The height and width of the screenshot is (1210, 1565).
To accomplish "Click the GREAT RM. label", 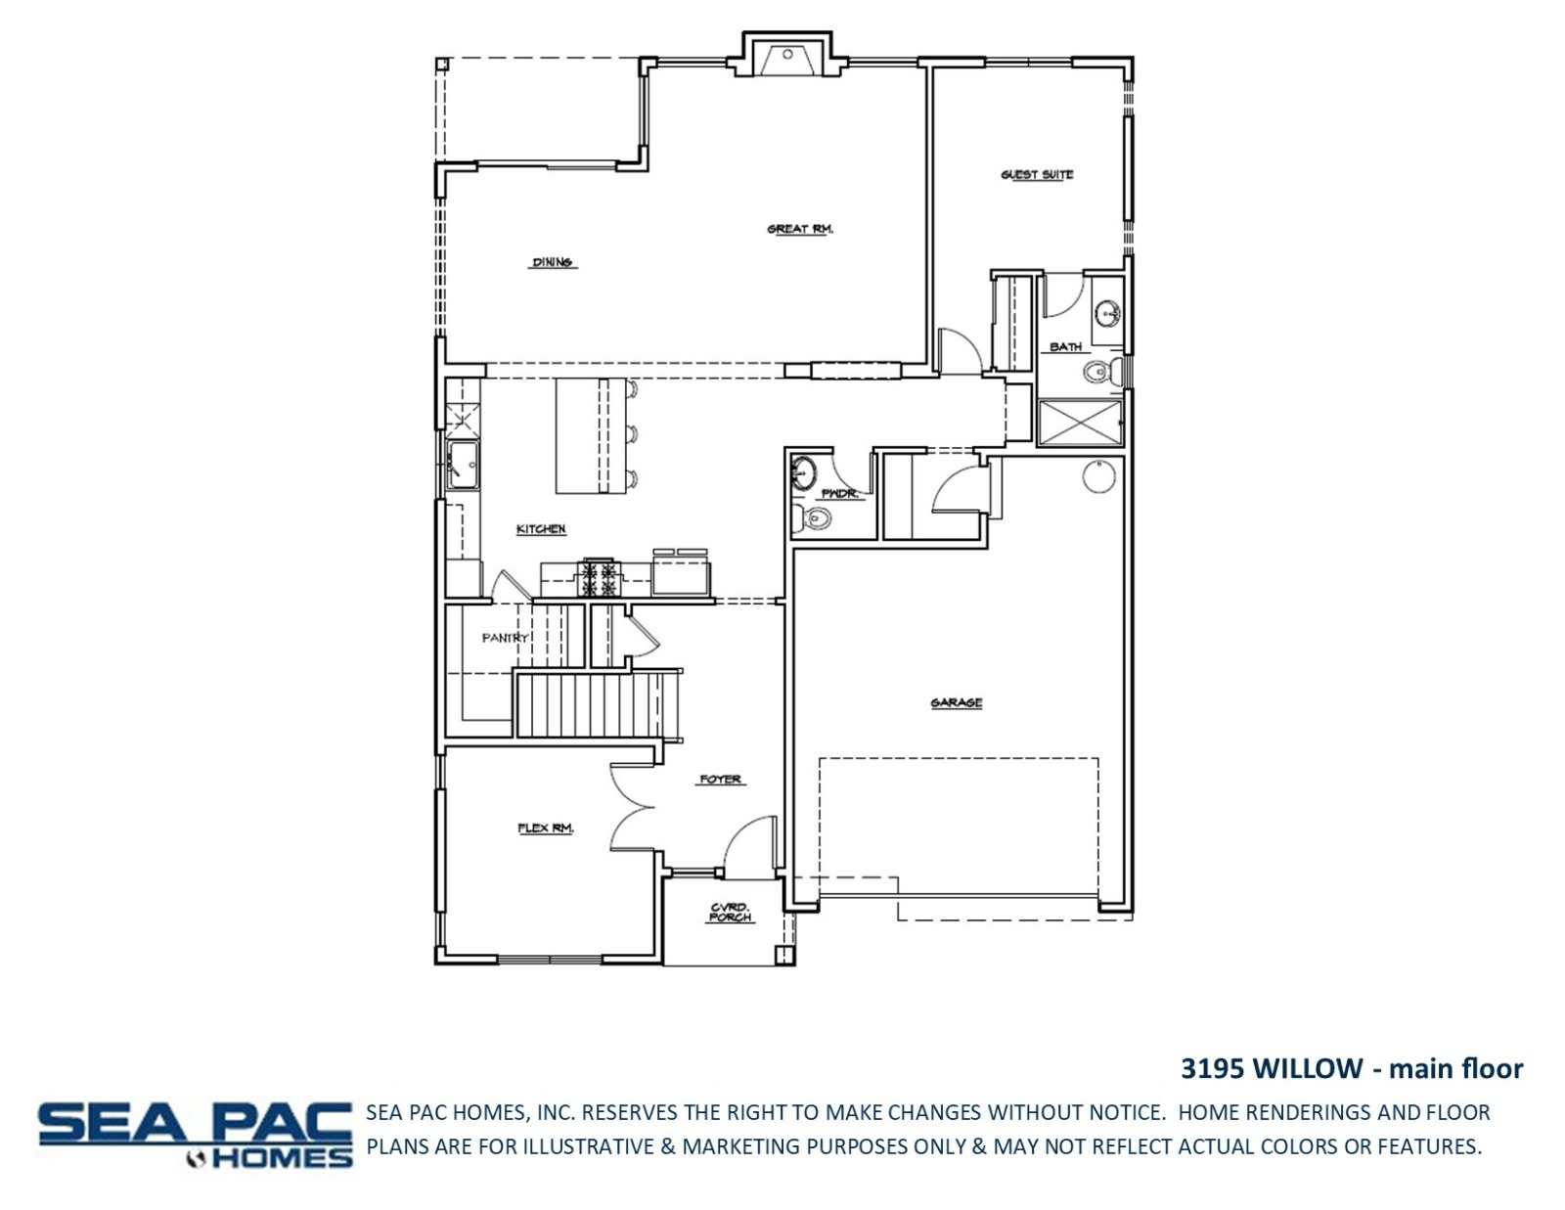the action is click(800, 229).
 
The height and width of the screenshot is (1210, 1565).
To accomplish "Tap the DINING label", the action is click(553, 262).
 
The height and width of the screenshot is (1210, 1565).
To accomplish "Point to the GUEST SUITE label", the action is click(1037, 174).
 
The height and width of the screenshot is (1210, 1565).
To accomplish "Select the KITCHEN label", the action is click(541, 529).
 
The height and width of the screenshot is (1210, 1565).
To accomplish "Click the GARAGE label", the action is click(957, 703).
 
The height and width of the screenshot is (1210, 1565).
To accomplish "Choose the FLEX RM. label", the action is click(546, 829).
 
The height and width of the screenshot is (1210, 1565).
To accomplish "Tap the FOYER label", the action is click(720, 780).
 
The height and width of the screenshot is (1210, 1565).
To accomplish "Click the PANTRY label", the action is click(506, 638).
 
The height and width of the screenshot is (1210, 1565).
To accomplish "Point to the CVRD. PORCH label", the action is click(731, 912).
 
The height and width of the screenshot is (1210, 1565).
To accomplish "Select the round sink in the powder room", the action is click(803, 472).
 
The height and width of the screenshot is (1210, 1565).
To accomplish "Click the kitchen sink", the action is click(463, 465).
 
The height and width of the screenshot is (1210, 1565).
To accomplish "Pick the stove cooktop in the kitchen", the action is click(599, 577).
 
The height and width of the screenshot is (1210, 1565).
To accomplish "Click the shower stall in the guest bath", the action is click(1080, 423).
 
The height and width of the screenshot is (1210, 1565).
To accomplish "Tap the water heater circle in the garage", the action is click(1099, 476).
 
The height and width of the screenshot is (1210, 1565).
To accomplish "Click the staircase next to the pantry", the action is click(597, 703).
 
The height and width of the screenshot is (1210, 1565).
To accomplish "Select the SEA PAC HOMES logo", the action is click(196, 1136).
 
